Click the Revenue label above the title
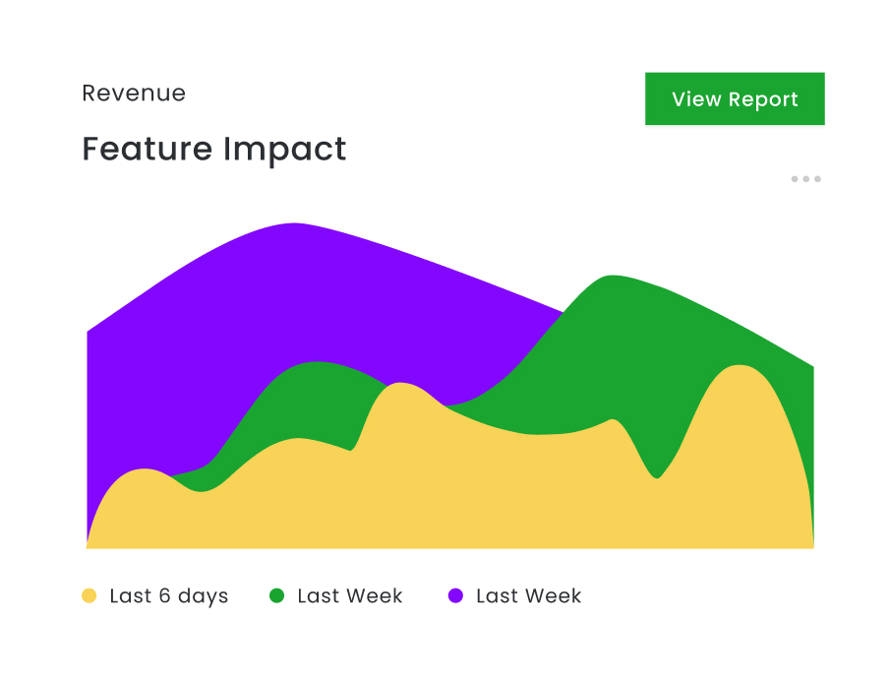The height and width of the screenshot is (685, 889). coord(134,93)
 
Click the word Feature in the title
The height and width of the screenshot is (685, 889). coord(148,150)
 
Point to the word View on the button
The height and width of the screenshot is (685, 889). coord(696,99)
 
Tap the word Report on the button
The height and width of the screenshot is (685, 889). coord(764,100)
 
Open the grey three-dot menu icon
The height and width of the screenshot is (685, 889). coord(805,179)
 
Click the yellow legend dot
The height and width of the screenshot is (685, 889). coord(89,595)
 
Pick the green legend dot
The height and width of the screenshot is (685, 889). coord(277,595)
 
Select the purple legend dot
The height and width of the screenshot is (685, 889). coord(456,595)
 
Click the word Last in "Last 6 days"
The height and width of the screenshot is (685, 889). coord(130,596)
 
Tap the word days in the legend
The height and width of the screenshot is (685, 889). coord(205,597)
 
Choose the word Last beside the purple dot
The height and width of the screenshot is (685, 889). coord(497,596)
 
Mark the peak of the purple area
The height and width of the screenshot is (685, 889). coord(294,224)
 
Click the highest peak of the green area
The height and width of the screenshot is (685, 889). coord(612,277)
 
